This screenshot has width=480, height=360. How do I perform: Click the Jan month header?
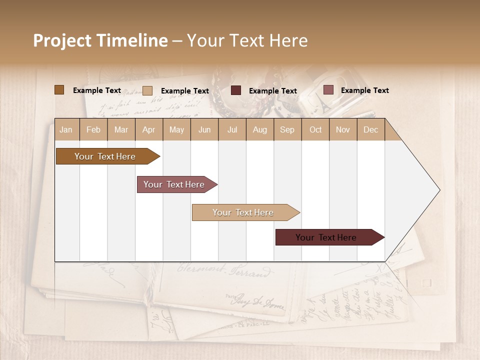point(66,129)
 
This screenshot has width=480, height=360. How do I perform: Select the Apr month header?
point(149,129)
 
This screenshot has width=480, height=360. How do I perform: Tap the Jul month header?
point(232,129)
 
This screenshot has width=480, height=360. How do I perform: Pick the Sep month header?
point(287,129)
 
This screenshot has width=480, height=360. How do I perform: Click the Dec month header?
point(370,129)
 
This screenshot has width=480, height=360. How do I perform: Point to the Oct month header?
point(315,129)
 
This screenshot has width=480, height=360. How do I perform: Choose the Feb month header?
point(93,129)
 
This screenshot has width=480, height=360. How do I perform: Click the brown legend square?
point(59,90)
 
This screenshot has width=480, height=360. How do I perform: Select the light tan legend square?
point(147,90)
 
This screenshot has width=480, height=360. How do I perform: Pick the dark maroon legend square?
point(236,90)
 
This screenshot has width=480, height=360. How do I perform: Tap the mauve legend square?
point(328,90)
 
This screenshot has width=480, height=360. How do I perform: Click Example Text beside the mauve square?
point(364,90)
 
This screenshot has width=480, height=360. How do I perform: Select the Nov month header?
point(343,129)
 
